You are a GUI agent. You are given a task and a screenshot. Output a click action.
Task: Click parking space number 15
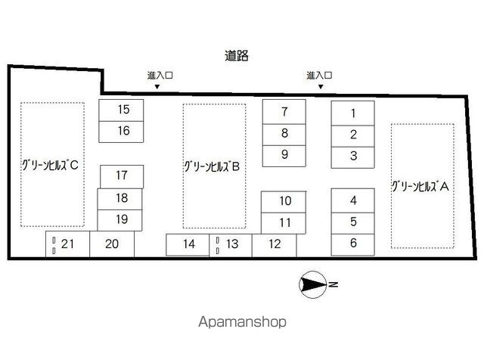pyautogui.click(x=121, y=110)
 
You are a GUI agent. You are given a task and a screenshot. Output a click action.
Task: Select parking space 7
pyautogui.click(x=284, y=112)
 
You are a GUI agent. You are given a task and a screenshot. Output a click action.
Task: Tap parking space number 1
pyautogui.click(x=353, y=113)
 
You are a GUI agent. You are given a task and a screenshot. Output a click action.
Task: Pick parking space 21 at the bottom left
pyautogui.click(x=67, y=244)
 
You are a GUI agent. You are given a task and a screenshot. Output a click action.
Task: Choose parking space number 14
pyautogui.click(x=188, y=244)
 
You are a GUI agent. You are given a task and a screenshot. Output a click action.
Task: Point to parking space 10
pyautogui.click(x=284, y=202)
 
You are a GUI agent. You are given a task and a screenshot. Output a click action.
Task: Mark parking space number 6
pyautogui.click(x=353, y=244)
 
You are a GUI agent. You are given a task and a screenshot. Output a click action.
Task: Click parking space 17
pyautogui.click(x=122, y=177)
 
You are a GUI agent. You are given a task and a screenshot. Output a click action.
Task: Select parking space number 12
pyautogui.click(x=274, y=245)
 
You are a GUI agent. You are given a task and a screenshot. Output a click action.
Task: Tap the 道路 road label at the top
pyautogui.click(x=237, y=56)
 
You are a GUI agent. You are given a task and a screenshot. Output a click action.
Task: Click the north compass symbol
pyautogui.click(x=313, y=284)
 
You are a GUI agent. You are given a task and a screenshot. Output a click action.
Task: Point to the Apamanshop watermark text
pyautogui.click(x=242, y=321)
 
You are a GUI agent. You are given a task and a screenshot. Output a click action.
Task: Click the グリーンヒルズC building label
pyautogui.click(x=50, y=166)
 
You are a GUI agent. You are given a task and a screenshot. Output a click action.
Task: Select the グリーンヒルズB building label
pyautogui.click(x=212, y=166)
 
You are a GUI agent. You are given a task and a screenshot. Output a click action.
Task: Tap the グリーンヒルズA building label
pyautogui.click(x=420, y=187)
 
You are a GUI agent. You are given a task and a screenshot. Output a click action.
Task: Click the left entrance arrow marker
pyautogui.click(x=157, y=87)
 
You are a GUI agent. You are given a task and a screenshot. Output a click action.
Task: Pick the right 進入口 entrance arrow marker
pyautogui.click(x=321, y=87)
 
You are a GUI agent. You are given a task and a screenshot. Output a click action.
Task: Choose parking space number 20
pyautogui.click(x=112, y=244)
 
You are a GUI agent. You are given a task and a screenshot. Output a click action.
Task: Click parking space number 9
pyautogui.click(x=284, y=156)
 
